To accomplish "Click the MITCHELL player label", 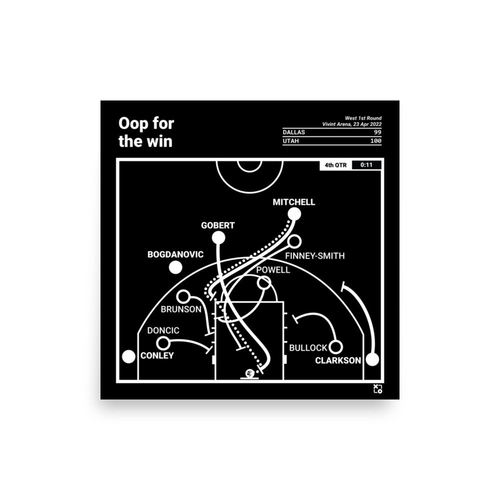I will coord(293,202).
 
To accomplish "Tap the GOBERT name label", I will coord(217,225).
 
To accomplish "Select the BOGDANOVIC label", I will coord(175,254).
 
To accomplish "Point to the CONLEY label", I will coord(157,355).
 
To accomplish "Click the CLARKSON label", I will coord(338,360).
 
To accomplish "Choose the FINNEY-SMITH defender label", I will coord(314,256).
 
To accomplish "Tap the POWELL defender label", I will coord(272,270).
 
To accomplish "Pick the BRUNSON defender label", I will coord(180,309).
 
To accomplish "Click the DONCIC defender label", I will coord(163,331).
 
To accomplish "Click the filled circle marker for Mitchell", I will coord(294,214).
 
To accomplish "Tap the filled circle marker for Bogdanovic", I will coord(175,267).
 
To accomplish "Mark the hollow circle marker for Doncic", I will coord(163,343).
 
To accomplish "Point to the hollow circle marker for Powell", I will coord(263,282).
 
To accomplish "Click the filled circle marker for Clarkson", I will coord(372,359).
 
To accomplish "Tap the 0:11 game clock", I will coord(366,165).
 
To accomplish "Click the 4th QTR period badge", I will coord(336,165).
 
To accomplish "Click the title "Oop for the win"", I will coord(145,132).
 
